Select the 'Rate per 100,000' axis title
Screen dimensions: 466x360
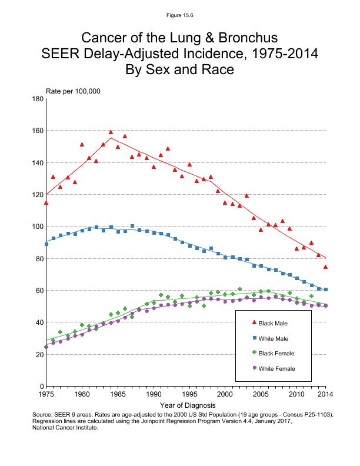(73, 91)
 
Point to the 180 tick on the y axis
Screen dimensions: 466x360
(38, 99)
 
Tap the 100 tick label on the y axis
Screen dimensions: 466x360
(38, 227)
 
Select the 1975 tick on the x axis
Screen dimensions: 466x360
(46, 394)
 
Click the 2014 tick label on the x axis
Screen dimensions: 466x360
(325, 394)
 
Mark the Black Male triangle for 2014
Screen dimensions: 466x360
(325, 267)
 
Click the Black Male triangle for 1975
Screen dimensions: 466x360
(46, 202)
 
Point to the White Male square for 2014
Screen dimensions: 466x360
(325, 289)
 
